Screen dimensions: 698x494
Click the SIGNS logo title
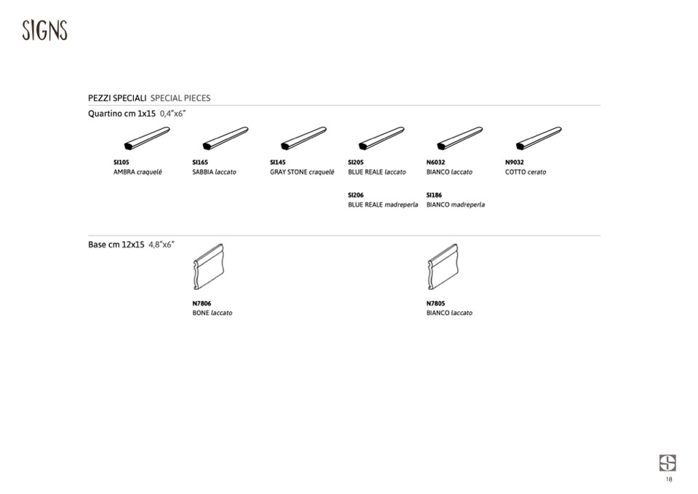coord(44,31)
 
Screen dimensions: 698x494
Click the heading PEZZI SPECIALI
coord(117,98)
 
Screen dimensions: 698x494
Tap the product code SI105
coord(121,162)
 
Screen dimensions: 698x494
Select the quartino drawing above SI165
coord(225,138)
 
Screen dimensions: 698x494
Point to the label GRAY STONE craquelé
coord(302,172)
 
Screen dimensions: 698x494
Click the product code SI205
coord(356,162)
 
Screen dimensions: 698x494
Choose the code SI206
coord(356,195)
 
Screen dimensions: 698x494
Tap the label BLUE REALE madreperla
coord(383,205)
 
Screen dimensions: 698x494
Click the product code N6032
coord(435,162)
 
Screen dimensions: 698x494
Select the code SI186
coord(434,195)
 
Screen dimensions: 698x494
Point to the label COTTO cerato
coord(526,172)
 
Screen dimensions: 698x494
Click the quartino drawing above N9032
coord(539,138)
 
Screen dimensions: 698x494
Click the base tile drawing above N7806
coord(208,267)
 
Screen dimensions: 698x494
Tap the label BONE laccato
coord(213,313)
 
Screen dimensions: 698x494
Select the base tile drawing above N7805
coord(443,267)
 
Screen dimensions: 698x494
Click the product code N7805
coord(435,303)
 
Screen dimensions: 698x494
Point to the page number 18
coord(669,479)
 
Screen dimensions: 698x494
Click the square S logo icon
coord(667,463)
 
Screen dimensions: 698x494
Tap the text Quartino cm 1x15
coord(122,114)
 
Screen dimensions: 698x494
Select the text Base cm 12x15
coord(116,245)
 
